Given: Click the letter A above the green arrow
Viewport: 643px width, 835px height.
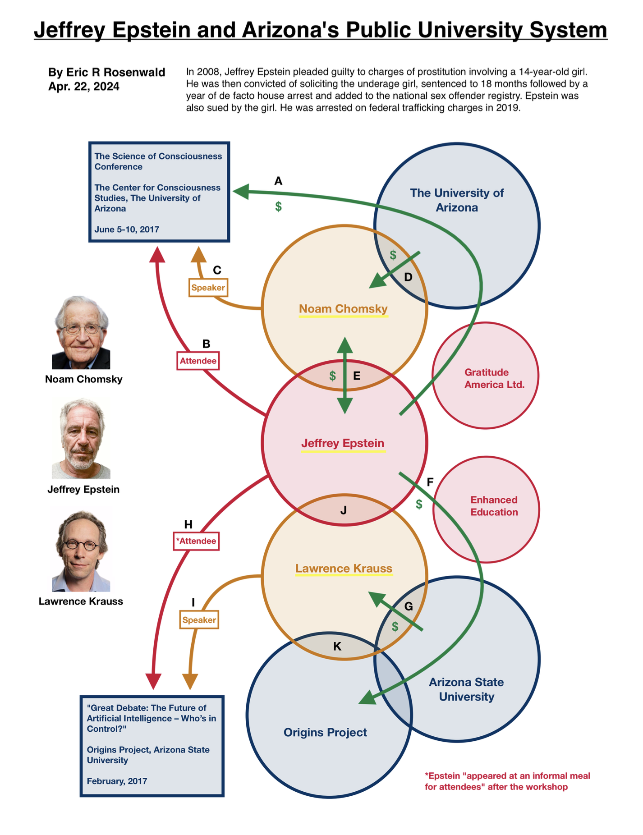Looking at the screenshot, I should (278, 181).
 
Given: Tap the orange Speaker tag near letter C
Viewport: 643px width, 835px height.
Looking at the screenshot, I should (208, 288).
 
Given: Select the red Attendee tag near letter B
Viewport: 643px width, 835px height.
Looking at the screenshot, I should (198, 361).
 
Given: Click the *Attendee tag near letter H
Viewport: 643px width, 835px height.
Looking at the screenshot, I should (196, 541).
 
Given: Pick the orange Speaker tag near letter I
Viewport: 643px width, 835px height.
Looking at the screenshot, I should (199, 620).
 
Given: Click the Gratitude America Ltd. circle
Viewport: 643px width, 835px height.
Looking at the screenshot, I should (486, 375).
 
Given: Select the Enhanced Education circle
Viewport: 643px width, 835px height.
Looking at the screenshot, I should (486, 509).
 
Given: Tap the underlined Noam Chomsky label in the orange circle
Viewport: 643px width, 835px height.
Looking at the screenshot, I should (343, 309).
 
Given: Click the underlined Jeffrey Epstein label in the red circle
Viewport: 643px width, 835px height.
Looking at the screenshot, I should (343, 443).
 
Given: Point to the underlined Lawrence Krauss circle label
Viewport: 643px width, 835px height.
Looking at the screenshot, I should (344, 569).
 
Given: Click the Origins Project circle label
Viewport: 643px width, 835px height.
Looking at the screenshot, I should (325, 733).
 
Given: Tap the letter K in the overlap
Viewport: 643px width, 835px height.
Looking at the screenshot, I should (337, 646).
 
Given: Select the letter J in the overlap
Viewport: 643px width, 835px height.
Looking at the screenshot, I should (344, 510).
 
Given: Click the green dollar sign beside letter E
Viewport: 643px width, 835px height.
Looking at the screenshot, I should (332, 376).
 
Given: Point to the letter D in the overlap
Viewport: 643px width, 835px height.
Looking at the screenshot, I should (408, 277).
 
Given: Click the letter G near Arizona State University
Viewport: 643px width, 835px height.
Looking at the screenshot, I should (409, 606).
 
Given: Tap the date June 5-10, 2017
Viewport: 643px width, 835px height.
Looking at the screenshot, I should (127, 229).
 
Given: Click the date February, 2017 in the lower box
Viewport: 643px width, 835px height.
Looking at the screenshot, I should (117, 781).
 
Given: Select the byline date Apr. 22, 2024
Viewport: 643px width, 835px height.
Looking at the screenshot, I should (84, 87).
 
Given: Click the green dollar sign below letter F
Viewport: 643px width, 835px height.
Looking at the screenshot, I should (419, 504).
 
